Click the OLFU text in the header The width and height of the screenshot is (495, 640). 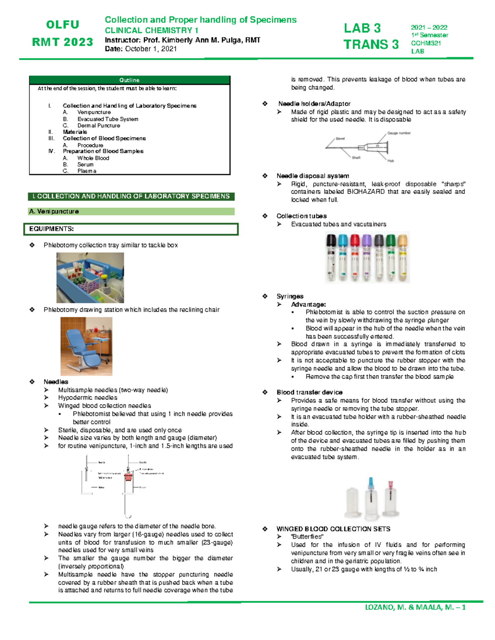[63, 25]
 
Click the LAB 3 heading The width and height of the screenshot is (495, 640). [362, 28]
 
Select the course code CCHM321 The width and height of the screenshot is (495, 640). [426, 43]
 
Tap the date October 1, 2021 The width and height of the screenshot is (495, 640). [151, 49]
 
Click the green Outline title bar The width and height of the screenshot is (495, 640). [129, 80]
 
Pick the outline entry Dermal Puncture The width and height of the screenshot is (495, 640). [99, 125]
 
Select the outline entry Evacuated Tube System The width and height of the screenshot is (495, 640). [108, 119]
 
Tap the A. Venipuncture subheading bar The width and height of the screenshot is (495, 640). [54, 211]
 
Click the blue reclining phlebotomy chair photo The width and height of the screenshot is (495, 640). [86, 346]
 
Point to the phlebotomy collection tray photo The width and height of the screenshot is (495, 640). [90, 278]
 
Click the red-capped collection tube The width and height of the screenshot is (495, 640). [355, 258]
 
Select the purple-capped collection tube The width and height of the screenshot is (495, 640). [367, 258]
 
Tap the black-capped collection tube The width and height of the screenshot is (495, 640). [331, 258]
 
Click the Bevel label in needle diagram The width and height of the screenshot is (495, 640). [340, 139]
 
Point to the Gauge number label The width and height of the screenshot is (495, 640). [398, 133]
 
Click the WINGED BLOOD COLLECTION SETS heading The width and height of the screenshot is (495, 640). [333, 529]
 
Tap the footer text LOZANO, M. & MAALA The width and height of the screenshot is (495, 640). [415, 607]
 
